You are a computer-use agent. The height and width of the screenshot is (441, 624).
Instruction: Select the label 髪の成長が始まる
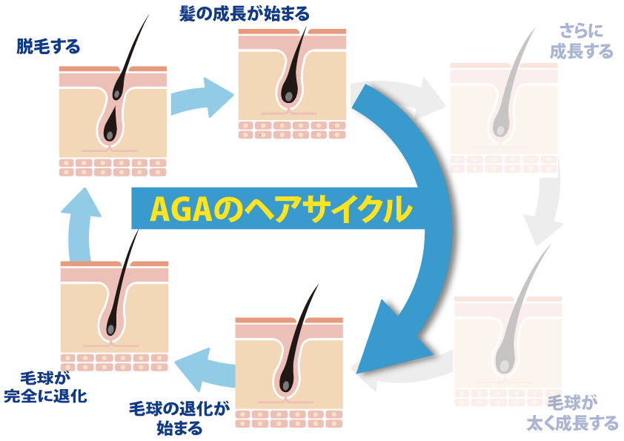(244, 13)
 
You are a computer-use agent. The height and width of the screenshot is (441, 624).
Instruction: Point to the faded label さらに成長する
(582, 42)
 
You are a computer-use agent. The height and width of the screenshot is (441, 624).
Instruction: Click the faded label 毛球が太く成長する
(582, 414)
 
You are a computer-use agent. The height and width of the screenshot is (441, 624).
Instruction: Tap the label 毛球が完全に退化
(45, 387)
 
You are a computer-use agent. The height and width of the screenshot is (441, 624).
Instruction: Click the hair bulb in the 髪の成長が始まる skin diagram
(288, 96)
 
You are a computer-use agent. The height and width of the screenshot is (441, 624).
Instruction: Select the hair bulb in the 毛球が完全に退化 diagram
(110, 328)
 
